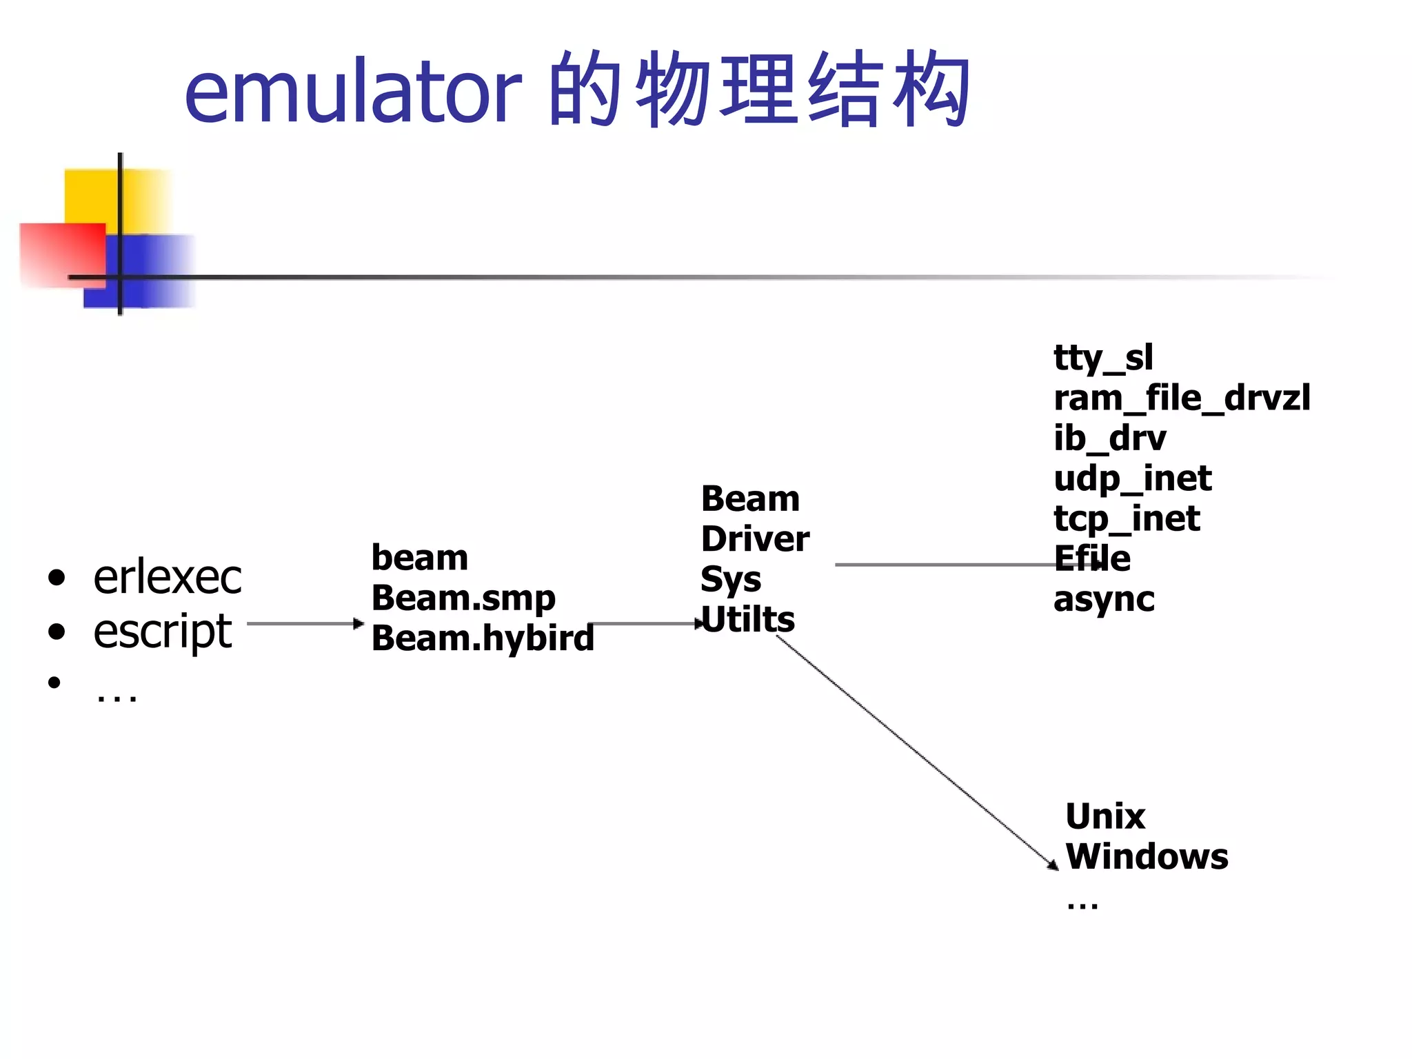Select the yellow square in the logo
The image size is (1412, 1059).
click(93, 196)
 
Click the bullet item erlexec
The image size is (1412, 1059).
click(168, 578)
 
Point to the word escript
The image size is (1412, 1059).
click(163, 631)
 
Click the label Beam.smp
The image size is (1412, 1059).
click(463, 598)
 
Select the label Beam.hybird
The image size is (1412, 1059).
click(483, 638)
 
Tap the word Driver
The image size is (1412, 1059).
click(755, 539)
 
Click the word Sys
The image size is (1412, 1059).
click(731, 580)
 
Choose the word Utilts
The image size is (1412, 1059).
click(748, 620)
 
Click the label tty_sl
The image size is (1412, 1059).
click(1103, 359)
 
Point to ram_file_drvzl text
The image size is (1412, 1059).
click(1182, 399)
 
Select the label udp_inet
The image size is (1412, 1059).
click(1132, 479)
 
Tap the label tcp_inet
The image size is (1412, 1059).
click(1127, 519)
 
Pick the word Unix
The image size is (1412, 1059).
click(1105, 817)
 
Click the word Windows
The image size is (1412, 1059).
click(1147, 857)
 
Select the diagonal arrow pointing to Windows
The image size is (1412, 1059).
click(917, 752)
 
